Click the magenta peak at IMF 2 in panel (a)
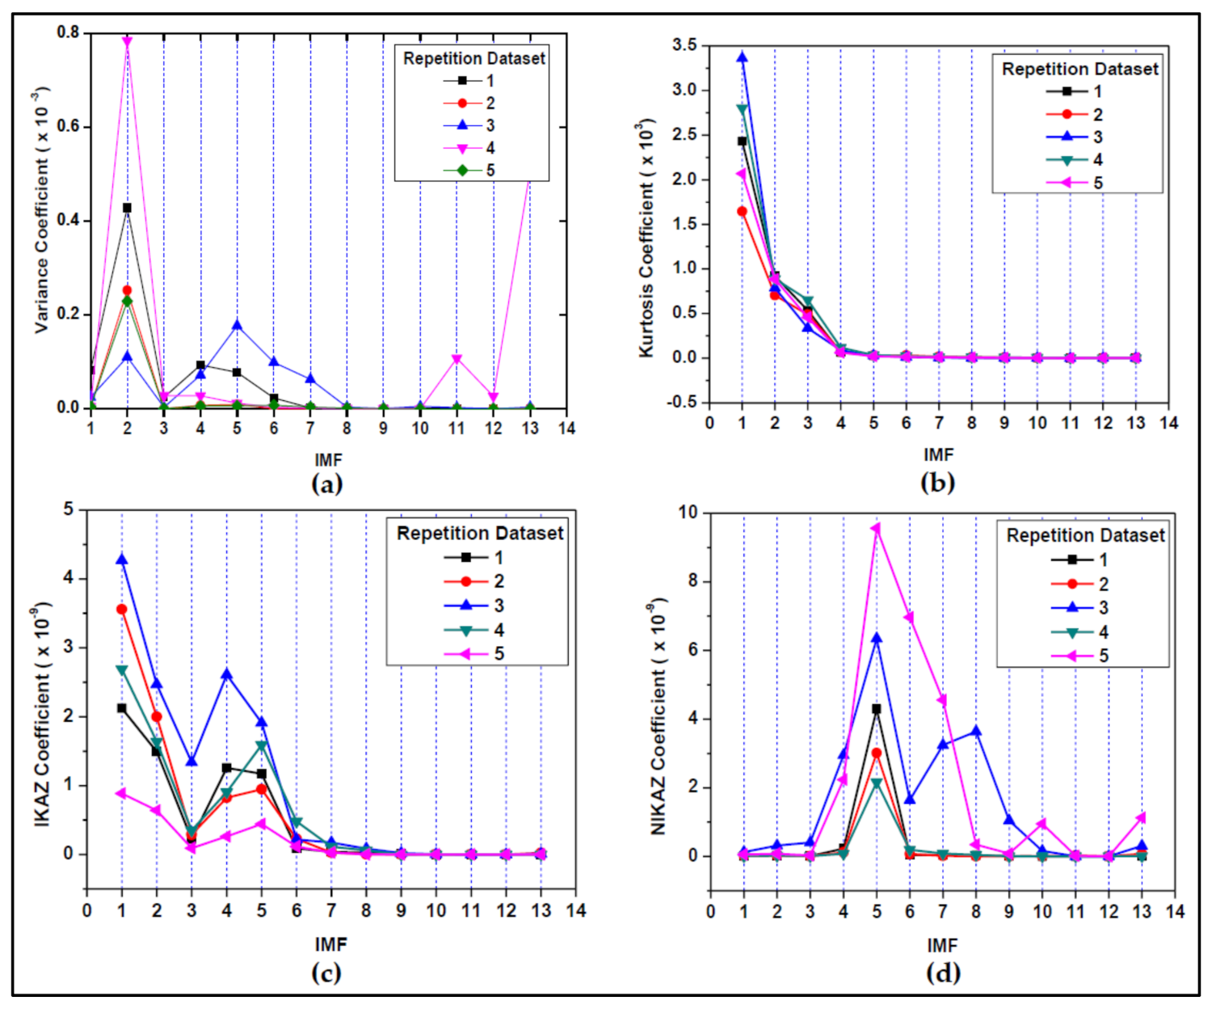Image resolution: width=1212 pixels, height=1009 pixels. coord(127,41)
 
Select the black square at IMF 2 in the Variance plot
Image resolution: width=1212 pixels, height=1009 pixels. coord(127,208)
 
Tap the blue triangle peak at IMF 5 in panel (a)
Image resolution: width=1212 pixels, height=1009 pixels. coord(237,325)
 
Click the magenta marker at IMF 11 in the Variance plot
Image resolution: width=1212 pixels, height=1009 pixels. coord(457,359)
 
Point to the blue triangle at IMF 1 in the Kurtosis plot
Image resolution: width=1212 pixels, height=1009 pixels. coord(742,57)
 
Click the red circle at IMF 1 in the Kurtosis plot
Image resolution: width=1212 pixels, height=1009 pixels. coord(742,211)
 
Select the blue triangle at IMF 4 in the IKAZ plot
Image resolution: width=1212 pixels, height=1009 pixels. coord(226,674)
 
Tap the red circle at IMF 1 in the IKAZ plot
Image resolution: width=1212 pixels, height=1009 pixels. coord(122,609)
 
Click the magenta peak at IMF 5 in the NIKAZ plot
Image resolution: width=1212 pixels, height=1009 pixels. coord(876,528)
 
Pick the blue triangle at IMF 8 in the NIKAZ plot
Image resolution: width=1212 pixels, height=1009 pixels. coord(976,731)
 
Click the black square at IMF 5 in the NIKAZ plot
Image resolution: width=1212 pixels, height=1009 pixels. coord(876,708)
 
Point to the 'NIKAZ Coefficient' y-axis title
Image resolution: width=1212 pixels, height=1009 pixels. coord(658,716)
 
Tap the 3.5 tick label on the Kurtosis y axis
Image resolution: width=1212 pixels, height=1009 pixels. coord(684,45)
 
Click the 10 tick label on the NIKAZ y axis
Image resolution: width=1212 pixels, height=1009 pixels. coord(688,513)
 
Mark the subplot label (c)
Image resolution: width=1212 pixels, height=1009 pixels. coord(326,972)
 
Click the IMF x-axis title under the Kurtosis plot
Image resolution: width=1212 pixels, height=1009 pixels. coord(938,454)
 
